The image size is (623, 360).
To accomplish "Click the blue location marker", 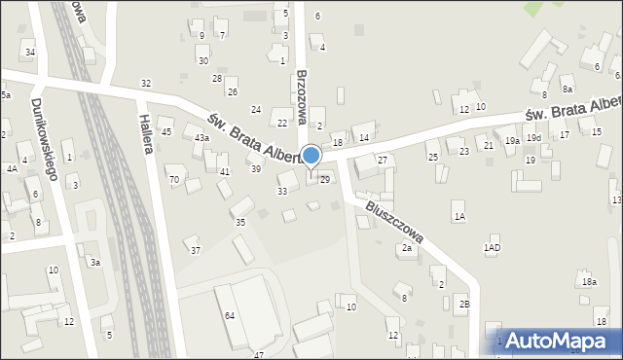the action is [311, 156].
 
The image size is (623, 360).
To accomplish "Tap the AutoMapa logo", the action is [559, 342].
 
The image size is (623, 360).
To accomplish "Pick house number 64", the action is [230, 316].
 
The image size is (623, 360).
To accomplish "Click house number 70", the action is [174, 180].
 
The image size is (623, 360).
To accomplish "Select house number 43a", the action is [202, 138].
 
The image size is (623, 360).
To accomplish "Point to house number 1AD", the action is [493, 248].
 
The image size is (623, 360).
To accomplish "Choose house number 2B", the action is [464, 305].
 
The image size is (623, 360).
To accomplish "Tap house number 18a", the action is [589, 282].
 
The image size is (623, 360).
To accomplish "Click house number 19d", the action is [533, 138].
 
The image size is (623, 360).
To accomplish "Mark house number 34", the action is [30, 52].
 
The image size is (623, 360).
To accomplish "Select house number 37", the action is [195, 251].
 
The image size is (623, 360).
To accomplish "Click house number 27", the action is [383, 160].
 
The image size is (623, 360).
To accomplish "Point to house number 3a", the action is [94, 262].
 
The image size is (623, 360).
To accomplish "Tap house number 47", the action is [259, 355].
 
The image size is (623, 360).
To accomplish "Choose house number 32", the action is [146, 84].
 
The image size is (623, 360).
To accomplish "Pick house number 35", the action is [240, 223].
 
